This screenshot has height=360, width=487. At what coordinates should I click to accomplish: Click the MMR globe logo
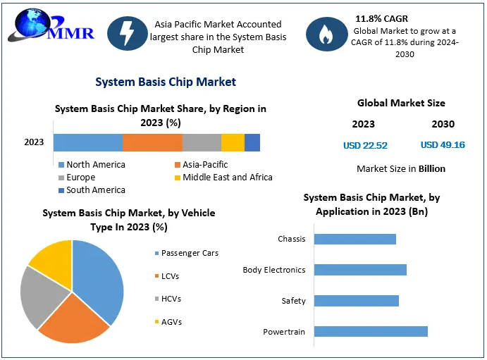(51, 25)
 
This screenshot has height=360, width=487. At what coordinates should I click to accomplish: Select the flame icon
(326, 34)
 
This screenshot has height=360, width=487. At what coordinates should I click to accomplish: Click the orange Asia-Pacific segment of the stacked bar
(152, 143)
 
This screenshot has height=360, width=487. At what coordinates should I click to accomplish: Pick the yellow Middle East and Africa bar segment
(233, 143)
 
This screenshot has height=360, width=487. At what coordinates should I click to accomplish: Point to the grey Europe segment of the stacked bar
(202, 143)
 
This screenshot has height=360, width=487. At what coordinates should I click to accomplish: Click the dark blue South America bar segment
(252, 143)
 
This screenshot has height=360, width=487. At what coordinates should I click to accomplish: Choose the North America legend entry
(92, 164)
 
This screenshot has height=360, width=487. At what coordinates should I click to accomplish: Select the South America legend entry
(92, 190)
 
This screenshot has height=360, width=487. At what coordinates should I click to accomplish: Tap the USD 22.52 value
(365, 146)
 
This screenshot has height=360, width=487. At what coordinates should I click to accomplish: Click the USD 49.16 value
(443, 145)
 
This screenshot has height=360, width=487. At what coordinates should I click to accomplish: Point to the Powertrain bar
(371, 331)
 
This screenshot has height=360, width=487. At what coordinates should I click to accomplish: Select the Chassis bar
(355, 239)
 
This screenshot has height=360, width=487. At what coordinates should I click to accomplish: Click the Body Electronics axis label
(274, 270)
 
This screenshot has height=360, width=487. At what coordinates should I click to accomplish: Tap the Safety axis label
(293, 301)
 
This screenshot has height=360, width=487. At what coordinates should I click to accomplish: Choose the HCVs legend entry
(168, 299)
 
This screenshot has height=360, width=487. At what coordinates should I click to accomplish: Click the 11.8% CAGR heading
(382, 18)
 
